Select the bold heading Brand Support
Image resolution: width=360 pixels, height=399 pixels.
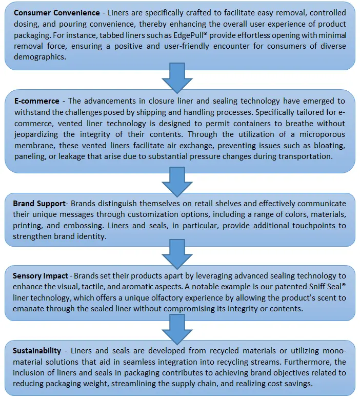coord(39,204)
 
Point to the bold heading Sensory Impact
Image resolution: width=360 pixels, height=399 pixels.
coord(42,276)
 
